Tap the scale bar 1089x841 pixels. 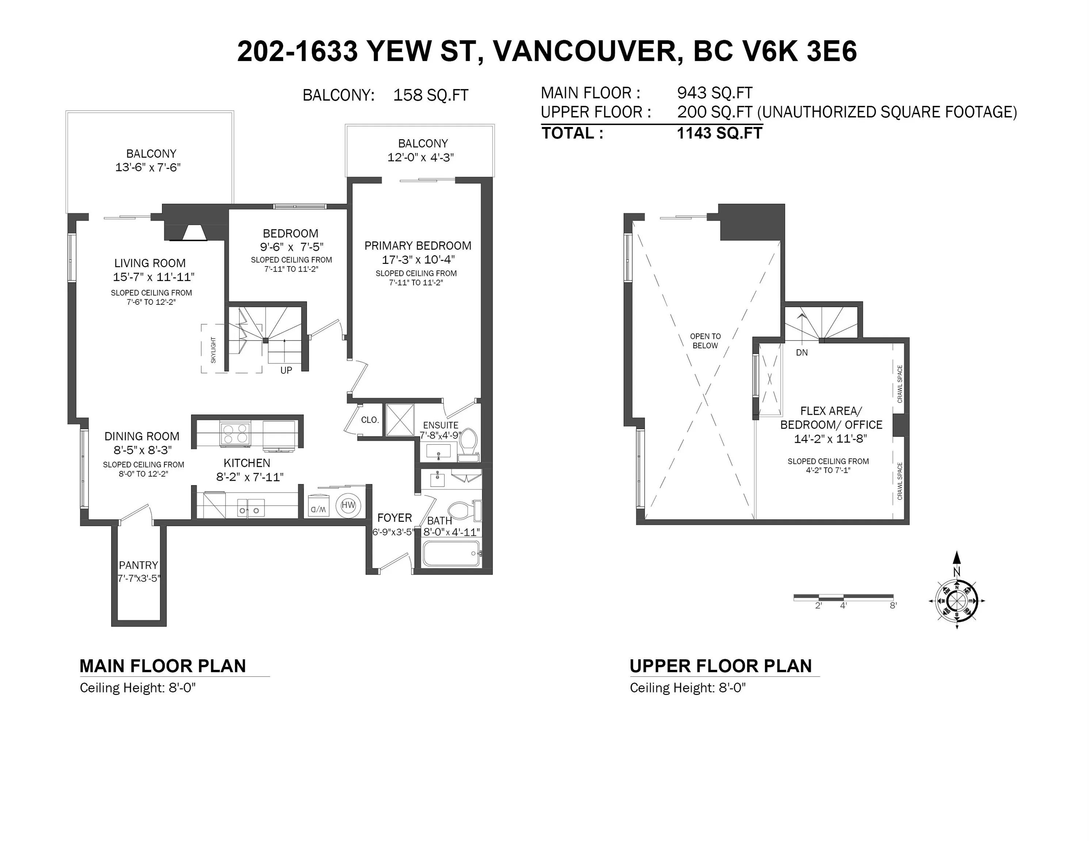pyautogui.click(x=843, y=597)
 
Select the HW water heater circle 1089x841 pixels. pyautogui.click(x=348, y=505)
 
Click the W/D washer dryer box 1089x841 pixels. pyautogui.click(x=319, y=505)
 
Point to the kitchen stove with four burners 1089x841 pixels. pyautogui.click(x=235, y=433)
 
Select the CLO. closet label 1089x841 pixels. pyautogui.click(x=370, y=420)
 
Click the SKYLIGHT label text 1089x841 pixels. pyautogui.click(x=213, y=350)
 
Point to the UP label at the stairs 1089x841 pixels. pyautogui.click(x=286, y=370)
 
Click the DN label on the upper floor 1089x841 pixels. pyautogui.click(x=802, y=353)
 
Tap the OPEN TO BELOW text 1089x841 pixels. pyautogui.click(x=705, y=341)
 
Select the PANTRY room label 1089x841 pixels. pyautogui.click(x=138, y=565)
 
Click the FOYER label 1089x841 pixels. pyautogui.click(x=395, y=518)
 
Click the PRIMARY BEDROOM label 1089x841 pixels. pyautogui.click(x=418, y=246)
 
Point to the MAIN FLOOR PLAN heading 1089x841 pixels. pyautogui.click(x=163, y=666)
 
